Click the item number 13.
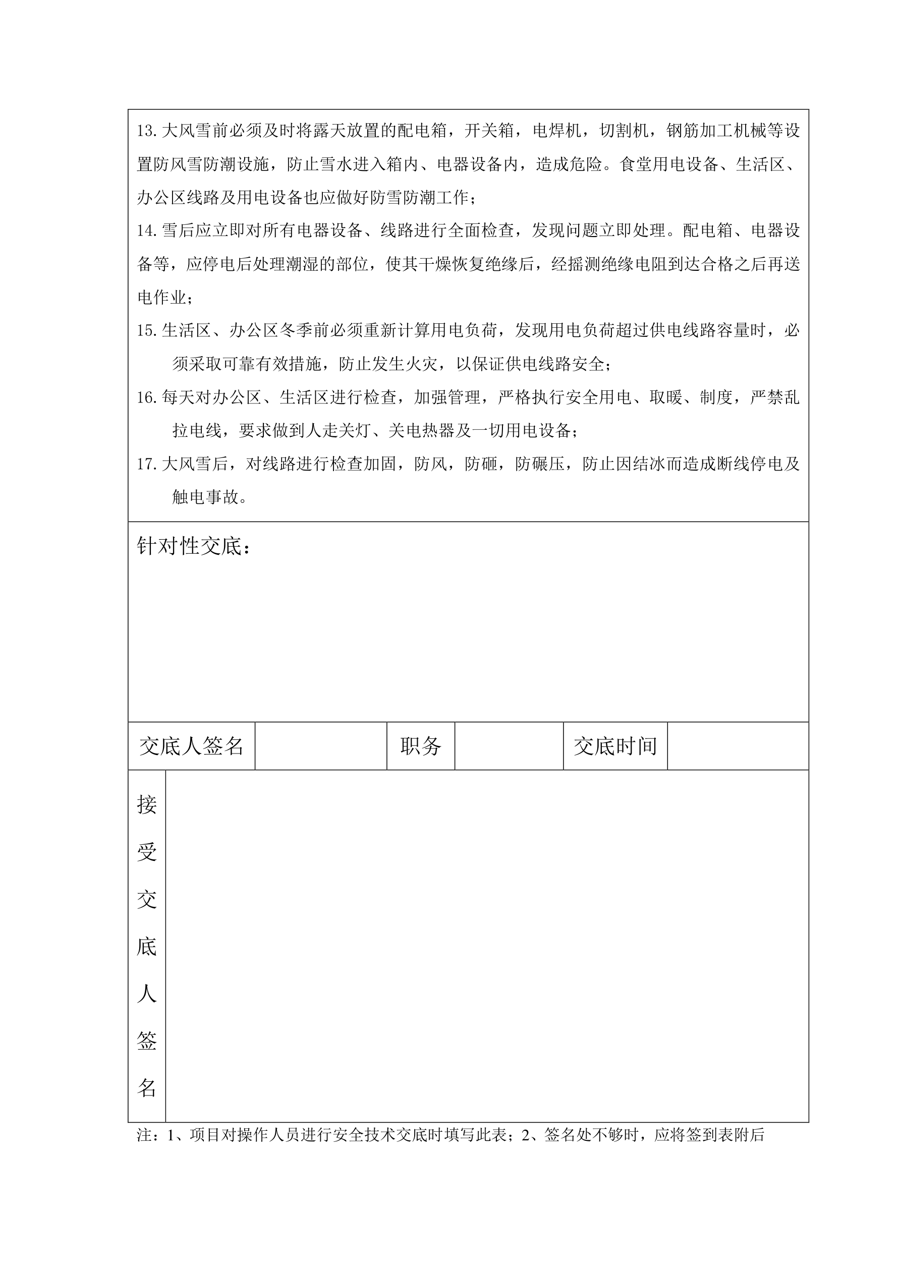(x=147, y=132)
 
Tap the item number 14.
(x=147, y=231)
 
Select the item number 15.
(x=147, y=331)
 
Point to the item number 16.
(x=147, y=398)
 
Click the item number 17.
(x=147, y=465)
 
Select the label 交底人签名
(x=192, y=746)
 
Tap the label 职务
(x=420, y=746)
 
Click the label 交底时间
(x=615, y=746)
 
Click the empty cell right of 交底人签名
(x=321, y=746)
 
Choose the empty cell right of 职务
(x=509, y=746)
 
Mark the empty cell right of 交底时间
(x=738, y=746)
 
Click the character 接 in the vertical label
(x=147, y=804)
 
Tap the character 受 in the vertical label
(x=147, y=851)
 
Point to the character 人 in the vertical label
(x=147, y=993)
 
